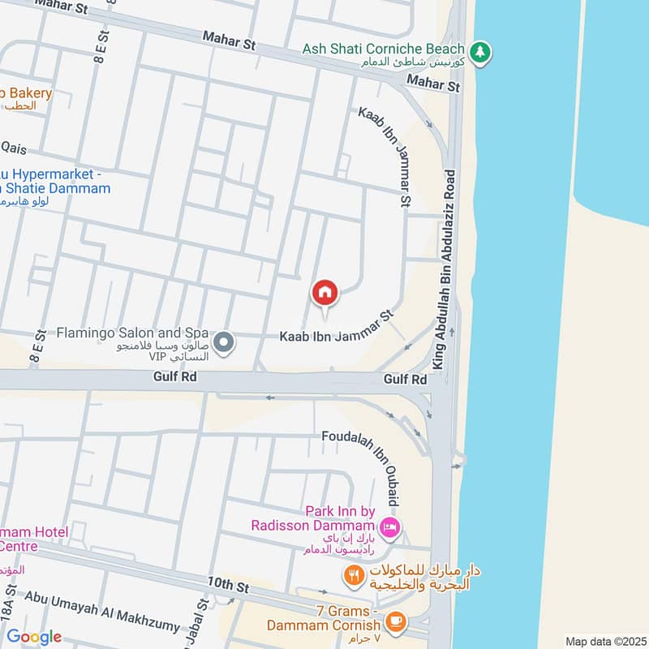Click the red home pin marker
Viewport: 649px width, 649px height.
(324, 293)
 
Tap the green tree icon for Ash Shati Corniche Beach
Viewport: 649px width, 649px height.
(480, 51)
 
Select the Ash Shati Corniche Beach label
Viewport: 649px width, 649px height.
(384, 49)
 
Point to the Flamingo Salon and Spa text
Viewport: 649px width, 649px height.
(132, 333)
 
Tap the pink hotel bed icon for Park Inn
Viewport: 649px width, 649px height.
(392, 526)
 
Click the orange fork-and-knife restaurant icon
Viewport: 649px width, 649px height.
(353, 575)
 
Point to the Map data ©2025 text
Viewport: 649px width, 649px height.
(604, 641)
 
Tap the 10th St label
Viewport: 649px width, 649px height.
(226, 583)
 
